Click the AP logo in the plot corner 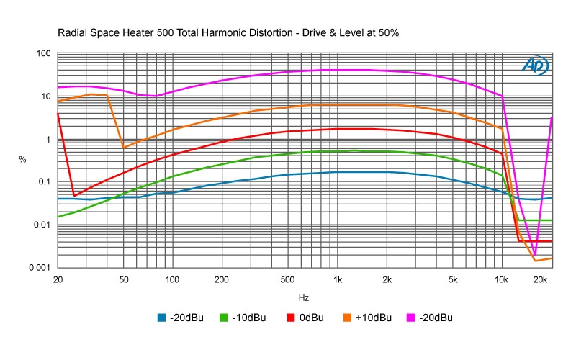[535, 66]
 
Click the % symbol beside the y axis [22, 159]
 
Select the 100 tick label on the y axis [42, 54]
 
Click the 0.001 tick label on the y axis [38, 268]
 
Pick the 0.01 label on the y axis [41, 225]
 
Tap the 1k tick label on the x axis [337, 279]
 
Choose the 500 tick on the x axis [287, 279]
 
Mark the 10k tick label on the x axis [501, 279]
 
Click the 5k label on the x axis [452, 279]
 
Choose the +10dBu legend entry [366, 318]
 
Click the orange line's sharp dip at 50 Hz [124, 148]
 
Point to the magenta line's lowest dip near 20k [535, 254]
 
